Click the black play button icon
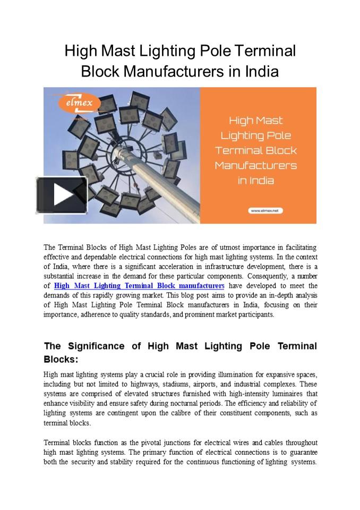tap(62, 195)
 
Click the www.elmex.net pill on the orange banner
tap(265, 210)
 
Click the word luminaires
tap(284, 394)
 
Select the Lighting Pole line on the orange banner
tap(255, 135)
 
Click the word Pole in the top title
tap(215, 52)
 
